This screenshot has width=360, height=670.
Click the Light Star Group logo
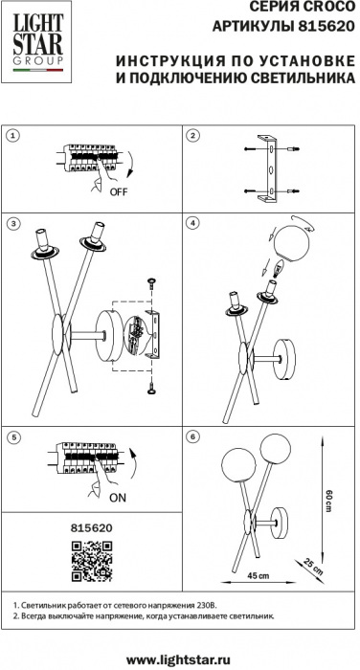pyautogui.click(x=36, y=42)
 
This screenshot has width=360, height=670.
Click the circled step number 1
pyautogui.click(x=13, y=136)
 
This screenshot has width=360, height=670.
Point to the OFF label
pyautogui.click(x=119, y=191)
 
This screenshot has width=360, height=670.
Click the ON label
pyautogui.click(x=118, y=498)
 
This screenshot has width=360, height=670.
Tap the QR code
pyautogui.click(x=92, y=561)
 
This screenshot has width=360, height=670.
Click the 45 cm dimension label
pyautogui.click(x=259, y=575)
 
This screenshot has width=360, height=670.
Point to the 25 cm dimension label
pyautogui.click(x=313, y=567)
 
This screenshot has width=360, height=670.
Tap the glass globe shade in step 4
pyautogui.click(x=291, y=243)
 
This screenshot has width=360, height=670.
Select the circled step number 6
pyautogui.click(x=193, y=437)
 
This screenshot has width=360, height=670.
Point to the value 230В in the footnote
pyautogui.click(x=208, y=606)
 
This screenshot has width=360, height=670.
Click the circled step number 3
pyautogui.click(x=13, y=223)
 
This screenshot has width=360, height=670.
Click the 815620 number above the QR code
pyautogui.click(x=92, y=528)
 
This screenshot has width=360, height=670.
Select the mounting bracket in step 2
pyautogui.click(x=268, y=168)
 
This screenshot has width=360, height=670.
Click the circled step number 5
pyautogui.click(x=13, y=437)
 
